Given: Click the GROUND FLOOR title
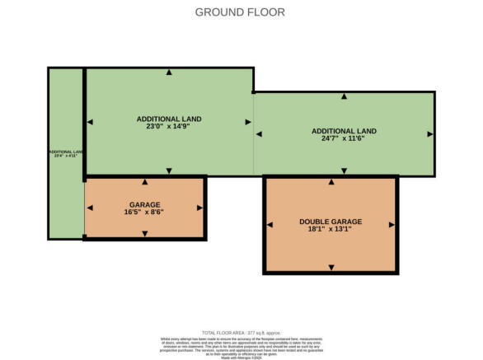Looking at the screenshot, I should pos(241,12).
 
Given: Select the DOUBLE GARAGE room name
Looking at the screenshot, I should pos(331,222).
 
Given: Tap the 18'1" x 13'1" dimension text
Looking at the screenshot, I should pos(331,231).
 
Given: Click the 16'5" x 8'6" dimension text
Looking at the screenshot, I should pos(145,213).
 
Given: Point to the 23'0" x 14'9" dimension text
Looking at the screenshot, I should pos(169,128).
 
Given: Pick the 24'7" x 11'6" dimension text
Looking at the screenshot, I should pos(344,140).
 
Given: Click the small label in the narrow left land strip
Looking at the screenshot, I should pos(66,153).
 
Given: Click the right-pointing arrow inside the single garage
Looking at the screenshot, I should pos(199,208).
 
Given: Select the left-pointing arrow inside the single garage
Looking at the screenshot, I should pos(91,208).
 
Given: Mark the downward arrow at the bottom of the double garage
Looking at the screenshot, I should pos(331,267).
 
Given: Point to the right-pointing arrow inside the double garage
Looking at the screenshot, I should pos(392,225).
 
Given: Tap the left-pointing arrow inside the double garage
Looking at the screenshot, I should pos(270,225).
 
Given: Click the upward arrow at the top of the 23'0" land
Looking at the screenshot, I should pos(169,73).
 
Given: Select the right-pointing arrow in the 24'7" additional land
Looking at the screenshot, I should pos(429,133).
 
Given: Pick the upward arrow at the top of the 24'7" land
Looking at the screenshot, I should pos(344,97).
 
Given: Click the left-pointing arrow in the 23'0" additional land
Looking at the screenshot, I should pos(91,122).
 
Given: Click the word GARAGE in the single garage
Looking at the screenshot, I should pos(145,204).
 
